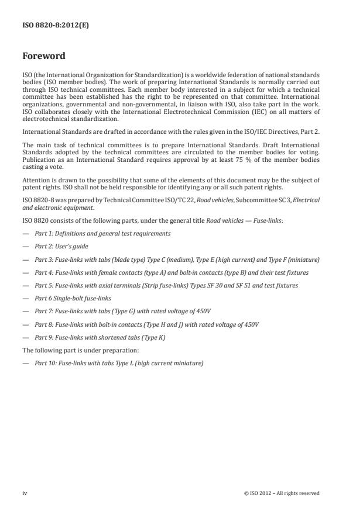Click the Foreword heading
coord(44,56)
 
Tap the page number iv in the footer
coord(25,493)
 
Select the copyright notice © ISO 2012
coord(282,493)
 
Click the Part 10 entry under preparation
coord(119,363)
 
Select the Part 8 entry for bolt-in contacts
coord(146,324)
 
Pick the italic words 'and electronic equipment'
coord(57,207)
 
